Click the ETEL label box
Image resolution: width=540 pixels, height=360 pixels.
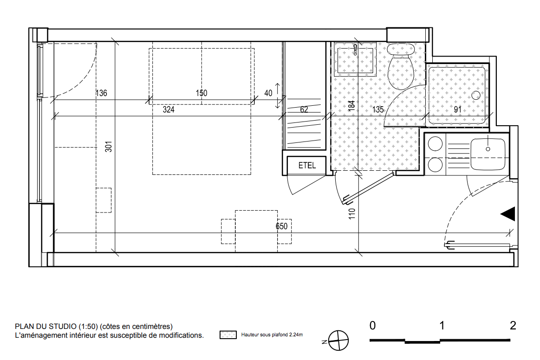coord(306,166)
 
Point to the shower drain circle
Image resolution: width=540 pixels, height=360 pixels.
coord(476,95)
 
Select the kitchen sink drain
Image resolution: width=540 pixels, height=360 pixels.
coord(488,149)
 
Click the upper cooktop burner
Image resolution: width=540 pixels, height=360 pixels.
coord(435,143)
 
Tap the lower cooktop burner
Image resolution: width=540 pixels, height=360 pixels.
coord(435,165)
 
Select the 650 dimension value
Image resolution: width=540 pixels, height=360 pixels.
coord(281,226)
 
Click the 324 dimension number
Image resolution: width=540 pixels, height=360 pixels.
coord(169,109)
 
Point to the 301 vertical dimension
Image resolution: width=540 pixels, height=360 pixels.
coord(109,147)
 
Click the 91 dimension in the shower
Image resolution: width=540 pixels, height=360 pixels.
coord(457,109)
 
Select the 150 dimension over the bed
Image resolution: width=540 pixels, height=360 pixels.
coord(202,93)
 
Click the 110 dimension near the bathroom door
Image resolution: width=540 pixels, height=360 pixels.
coord(351,214)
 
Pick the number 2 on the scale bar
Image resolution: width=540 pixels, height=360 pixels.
coord(513,325)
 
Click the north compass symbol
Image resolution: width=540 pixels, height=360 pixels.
coord(338,341)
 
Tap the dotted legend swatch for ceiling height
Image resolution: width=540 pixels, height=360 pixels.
coord(228,334)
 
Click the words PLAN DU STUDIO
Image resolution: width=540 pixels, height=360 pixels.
coord(46,326)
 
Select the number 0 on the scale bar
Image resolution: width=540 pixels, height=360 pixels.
coord(372,325)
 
